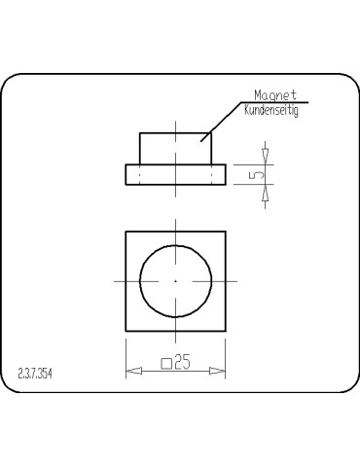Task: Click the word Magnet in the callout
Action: click(274, 95)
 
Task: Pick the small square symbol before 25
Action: click(164, 366)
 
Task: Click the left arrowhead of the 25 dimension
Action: click(131, 371)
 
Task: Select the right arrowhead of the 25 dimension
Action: click(221, 371)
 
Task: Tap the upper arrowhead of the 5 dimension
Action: click(266, 157)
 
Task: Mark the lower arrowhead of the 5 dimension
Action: click(266, 192)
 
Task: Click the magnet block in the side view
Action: click(175, 148)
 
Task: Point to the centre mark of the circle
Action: click(175, 280)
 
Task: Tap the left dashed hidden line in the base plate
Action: click(140, 174)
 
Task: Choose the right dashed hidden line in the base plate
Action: click(211, 174)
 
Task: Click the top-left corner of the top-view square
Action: click(126, 232)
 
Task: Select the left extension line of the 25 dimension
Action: click(126, 355)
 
